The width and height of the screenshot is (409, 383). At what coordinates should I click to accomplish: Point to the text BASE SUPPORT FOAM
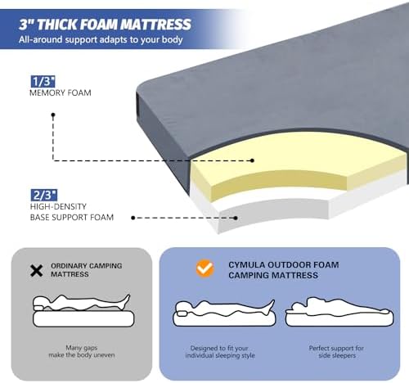point(70,218)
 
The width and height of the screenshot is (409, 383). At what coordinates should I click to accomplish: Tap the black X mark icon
point(37,270)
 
